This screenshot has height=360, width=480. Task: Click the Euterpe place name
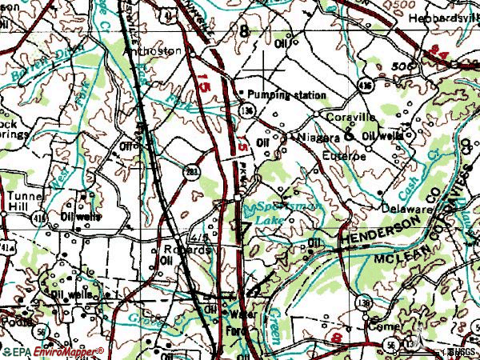[x=344, y=156]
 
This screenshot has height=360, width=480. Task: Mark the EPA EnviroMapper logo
[x=52, y=351]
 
